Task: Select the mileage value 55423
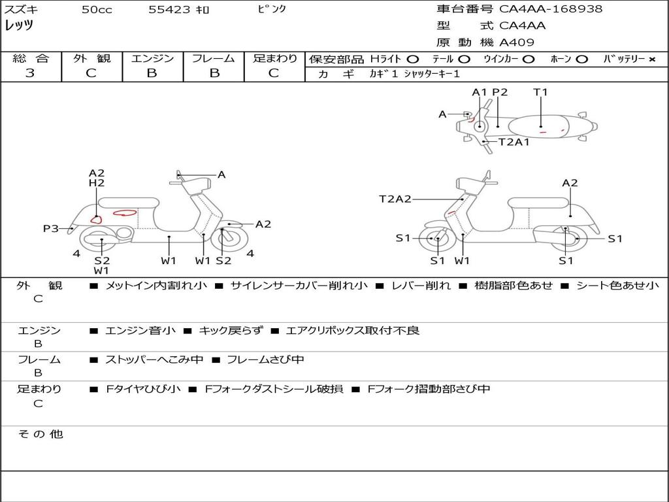click(x=169, y=10)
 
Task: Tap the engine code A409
click(x=517, y=42)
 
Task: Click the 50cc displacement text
click(x=97, y=10)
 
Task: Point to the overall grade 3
click(x=30, y=73)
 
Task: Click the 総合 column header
click(x=31, y=59)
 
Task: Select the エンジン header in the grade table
click(x=152, y=59)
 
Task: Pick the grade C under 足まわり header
click(x=274, y=73)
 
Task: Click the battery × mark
click(x=651, y=59)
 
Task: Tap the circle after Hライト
click(x=412, y=59)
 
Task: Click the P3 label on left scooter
click(x=51, y=229)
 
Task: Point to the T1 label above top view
click(x=540, y=92)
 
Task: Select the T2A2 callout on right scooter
click(x=395, y=199)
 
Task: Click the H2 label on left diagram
click(x=97, y=184)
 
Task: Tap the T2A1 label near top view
click(x=514, y=142)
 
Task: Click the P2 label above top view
click(x=500, y=92)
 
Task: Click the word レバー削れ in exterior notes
click(x=421, y=286)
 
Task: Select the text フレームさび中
click(x=264, y=360)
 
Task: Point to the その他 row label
click(x=40, y=434)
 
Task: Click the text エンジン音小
click(x=140, y=331)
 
